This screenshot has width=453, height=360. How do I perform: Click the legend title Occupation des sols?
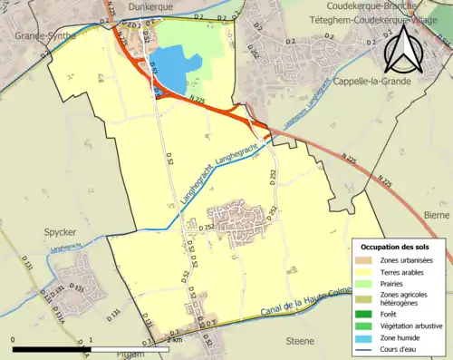pos(400,247)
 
